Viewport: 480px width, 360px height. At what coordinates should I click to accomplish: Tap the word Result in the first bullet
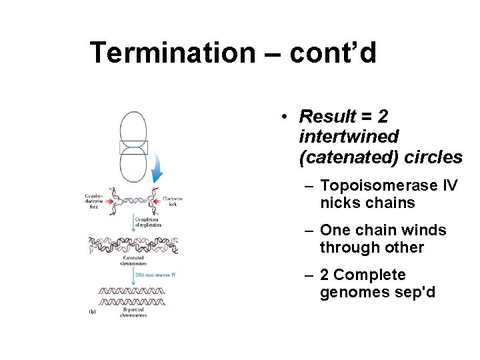pos(328,117)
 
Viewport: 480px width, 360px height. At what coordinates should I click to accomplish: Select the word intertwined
pos(349,137)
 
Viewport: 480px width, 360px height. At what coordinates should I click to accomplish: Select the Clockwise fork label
pos(171,201)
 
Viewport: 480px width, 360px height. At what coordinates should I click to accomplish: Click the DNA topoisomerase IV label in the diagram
pos(155,275)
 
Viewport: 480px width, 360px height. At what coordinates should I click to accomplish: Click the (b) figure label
pos(92,312)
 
